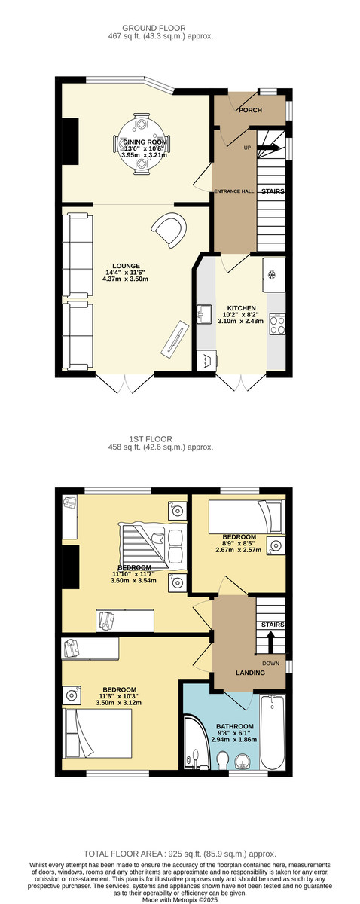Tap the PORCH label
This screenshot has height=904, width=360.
coord(250,110)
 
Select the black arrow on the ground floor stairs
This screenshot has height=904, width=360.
coord(267,148)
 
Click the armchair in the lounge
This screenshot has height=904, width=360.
coord(169,229)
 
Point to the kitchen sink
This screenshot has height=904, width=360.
coord(205,314)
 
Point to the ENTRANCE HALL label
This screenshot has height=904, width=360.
coord(234,191)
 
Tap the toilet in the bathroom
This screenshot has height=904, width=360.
coord(223,759)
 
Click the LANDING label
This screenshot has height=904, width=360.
coord(250,673)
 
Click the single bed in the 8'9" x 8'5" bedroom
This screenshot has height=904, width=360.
coord(246,517)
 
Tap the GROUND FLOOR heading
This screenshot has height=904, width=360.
coord(154,29)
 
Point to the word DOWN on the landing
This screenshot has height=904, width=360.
coord(271,663)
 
